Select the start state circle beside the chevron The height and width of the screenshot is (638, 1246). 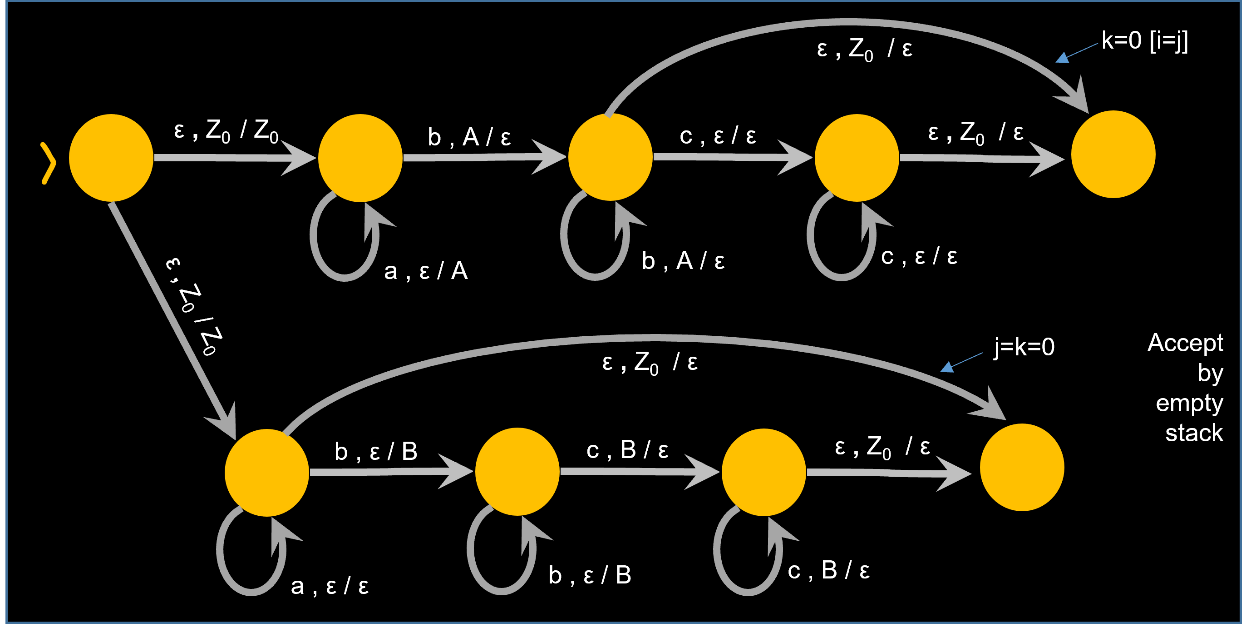click(111, 158)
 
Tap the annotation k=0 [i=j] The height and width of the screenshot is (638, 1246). click(1144, 40)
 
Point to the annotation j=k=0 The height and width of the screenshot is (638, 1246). click(1024, 347)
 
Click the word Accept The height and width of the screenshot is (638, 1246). click(1185, 343)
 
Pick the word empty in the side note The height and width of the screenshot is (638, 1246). click(1189, 403)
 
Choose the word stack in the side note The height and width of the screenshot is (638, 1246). click(1194, 433)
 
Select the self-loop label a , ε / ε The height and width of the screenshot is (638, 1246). click(330, 586)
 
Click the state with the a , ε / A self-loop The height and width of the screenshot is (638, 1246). click(360, 158)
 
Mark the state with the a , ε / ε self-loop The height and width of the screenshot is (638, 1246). click(267, 473)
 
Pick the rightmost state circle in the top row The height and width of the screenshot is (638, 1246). click(1113, 155)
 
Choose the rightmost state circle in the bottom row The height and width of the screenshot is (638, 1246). click(1022, 467)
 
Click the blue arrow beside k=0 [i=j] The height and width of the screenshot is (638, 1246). click(1075, 53)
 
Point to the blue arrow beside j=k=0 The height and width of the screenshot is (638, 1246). click(960, 362)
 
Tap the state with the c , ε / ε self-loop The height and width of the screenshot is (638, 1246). click(857, 158)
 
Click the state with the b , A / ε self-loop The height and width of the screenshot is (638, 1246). click(611, 157)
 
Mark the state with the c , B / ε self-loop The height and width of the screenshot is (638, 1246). click(763, 472)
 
